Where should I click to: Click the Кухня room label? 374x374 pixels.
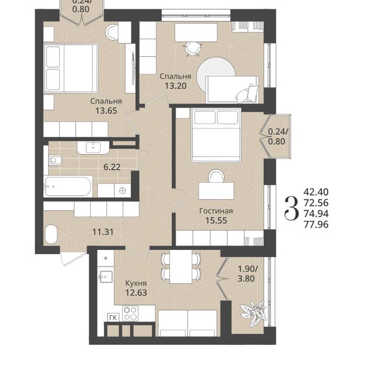[136, 283]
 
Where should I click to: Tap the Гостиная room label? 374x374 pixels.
[216, 211]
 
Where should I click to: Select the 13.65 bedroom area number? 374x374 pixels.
[106, 111]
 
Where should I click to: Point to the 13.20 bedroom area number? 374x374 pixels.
[176, 86]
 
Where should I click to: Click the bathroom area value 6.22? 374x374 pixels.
[112, 167]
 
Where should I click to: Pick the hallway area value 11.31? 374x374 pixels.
[103, 232]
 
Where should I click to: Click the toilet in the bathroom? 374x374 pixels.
[55, 160]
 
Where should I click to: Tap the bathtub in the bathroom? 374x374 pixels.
[68, 186]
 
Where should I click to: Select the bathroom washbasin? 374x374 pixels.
[93, 148]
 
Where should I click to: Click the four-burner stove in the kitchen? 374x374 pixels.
[130, 313]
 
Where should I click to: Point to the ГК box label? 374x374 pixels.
[113, 318]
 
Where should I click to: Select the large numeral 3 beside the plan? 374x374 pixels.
[291, 208]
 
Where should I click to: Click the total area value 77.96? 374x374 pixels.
[316, 225]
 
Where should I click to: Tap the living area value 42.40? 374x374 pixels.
[316, 192]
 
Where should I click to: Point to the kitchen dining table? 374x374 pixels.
[181, 267]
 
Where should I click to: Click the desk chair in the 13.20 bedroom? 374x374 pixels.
[193, 48]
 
